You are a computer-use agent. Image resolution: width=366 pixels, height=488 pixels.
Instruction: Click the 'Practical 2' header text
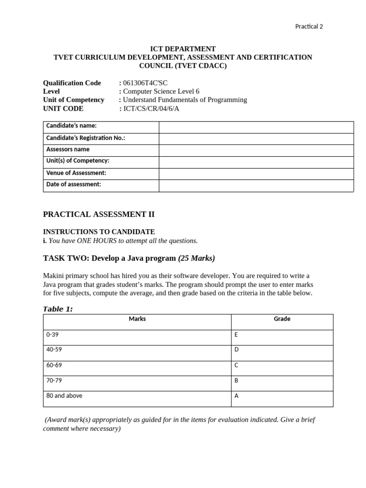309,27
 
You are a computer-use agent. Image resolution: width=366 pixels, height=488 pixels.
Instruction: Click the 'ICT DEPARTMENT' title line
183,49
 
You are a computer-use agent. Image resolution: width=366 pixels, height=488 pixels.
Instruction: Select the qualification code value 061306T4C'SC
145,83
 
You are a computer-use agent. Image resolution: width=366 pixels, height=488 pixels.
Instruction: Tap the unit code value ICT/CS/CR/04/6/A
151,109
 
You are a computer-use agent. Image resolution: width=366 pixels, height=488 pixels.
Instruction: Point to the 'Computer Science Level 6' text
161,91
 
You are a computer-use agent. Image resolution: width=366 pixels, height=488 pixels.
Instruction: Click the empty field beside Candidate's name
256,127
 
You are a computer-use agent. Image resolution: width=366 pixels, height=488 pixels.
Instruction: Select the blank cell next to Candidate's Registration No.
256,139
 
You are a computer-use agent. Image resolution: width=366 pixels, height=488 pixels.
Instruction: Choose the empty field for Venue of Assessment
256,173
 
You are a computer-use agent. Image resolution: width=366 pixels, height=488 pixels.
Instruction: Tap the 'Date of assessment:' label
73,184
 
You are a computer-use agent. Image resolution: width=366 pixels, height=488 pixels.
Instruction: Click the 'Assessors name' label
68,149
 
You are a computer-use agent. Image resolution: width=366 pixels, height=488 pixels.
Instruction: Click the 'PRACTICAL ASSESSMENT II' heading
99,214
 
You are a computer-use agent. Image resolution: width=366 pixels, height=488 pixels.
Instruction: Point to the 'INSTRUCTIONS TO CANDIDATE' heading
99,232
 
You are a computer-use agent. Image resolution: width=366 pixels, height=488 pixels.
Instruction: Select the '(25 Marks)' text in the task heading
196,258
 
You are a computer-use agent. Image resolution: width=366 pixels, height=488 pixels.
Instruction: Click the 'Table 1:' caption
58,309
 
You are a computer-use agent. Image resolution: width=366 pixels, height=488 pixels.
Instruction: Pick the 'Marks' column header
137,319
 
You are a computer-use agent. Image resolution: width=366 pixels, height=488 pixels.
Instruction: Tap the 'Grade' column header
282,319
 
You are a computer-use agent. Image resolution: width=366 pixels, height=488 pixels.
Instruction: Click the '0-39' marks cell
52,335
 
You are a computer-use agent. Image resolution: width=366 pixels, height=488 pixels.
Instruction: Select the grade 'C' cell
236,365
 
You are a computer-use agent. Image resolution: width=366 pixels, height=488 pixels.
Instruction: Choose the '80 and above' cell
64,396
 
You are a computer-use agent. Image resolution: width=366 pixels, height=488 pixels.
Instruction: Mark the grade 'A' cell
236,396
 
